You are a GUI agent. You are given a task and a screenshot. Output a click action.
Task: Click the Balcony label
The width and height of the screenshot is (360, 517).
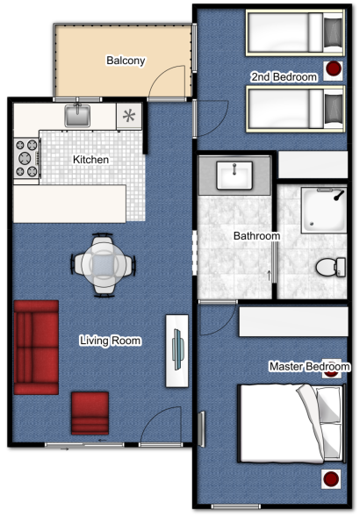126,61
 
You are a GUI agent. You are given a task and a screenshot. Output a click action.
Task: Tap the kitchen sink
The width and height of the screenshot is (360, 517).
77,115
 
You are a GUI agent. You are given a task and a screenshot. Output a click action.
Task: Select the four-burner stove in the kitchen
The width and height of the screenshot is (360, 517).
26,158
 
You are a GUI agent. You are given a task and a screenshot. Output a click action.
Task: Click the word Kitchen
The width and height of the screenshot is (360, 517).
90,160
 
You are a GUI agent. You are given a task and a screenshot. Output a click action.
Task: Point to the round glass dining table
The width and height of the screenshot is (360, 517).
104,265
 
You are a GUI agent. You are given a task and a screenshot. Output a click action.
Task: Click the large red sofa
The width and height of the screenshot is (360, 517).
36,348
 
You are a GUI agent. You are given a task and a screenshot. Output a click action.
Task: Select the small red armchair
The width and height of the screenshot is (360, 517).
90,413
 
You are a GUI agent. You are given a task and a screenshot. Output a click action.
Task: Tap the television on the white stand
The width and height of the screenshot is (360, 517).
178,349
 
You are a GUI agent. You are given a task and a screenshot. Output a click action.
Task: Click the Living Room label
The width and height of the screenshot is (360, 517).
111,341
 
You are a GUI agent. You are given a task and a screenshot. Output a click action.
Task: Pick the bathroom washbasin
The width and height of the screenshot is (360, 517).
234,176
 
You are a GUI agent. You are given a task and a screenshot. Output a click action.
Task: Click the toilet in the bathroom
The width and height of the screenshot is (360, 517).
331,267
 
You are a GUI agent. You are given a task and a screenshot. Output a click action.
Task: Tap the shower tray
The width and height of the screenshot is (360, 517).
324,211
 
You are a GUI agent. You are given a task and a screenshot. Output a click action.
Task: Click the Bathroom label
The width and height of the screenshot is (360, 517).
256,236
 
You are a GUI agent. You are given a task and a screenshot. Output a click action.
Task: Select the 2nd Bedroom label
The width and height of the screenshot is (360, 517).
284,77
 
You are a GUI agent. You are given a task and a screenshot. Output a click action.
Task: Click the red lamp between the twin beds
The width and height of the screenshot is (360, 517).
334,68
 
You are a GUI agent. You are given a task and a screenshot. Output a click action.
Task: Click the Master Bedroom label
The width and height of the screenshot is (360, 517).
310,366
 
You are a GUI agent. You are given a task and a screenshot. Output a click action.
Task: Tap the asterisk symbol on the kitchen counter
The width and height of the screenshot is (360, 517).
129,116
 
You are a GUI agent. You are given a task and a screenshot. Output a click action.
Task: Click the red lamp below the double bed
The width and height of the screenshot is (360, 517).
331,478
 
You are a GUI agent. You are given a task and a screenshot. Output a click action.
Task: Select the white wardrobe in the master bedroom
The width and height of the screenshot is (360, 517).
293,321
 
